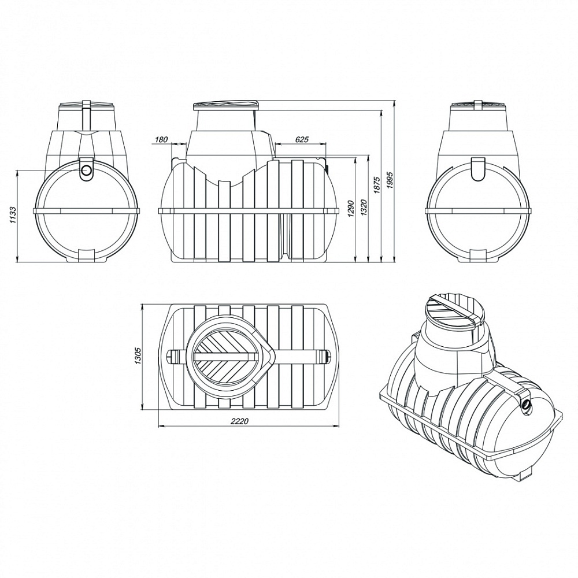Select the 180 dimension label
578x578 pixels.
coord(162,139)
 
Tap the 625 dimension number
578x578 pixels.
coord(302,139)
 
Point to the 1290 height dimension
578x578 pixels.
coord(350,209)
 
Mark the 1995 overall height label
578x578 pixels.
coord(390,180)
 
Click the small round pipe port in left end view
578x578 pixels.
coord(87,171)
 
